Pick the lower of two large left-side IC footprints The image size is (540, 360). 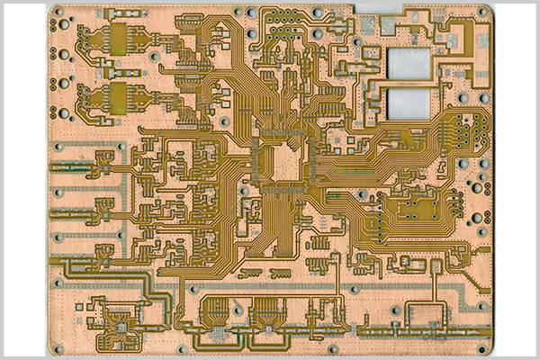click(120, 94)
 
